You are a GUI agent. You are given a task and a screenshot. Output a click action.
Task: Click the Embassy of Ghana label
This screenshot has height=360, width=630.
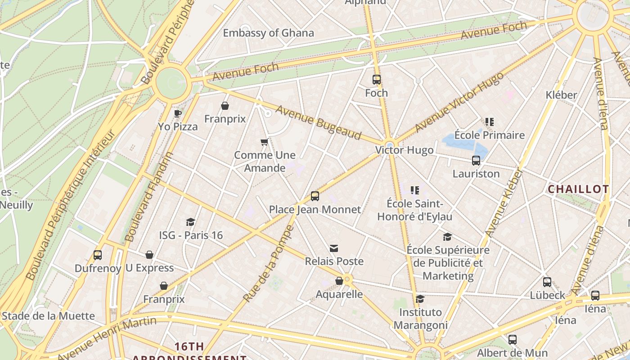[x=268, y=33]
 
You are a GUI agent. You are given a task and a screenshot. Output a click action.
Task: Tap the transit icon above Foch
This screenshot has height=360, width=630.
[x=377, y=80]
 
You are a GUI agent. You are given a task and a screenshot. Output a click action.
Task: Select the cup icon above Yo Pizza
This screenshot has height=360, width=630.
[x=178, y=113]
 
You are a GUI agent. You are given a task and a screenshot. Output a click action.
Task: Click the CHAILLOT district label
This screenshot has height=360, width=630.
[x=578, y=189]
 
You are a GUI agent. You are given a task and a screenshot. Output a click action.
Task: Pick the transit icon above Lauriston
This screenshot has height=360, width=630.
[x=476, y=160]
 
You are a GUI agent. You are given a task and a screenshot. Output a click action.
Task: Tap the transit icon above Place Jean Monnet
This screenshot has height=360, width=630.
[x=315, y=196]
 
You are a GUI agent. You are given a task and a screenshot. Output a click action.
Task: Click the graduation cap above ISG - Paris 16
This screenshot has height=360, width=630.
[x=191, y=222]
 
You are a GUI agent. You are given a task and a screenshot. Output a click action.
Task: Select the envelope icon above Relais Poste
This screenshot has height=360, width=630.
[x=334, y=248]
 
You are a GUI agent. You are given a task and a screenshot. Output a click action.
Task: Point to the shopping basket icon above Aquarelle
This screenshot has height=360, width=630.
[x=339, y=281]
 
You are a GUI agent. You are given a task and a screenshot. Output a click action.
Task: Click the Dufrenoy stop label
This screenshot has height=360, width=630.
[x=98, y=269]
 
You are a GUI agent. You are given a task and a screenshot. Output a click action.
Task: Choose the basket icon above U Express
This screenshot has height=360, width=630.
[x=149, y=255]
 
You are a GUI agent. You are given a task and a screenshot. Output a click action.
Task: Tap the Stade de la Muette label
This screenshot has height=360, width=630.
[x=48, y=316]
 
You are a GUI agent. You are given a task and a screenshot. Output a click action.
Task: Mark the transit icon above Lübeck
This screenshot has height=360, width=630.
[x=547, y=282]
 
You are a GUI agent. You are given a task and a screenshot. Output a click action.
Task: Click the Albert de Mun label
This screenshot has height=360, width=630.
[x=512, y=353]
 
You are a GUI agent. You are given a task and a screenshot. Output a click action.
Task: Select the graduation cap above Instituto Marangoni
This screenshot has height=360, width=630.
[x=420, y=299]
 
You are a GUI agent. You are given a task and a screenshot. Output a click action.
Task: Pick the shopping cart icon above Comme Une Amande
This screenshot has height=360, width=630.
[x=265, y=142]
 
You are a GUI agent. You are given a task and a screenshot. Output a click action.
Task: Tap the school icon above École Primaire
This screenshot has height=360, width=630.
[x=490, y=121]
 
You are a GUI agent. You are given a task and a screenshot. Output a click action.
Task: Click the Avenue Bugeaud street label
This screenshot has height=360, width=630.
[x=319, y=122]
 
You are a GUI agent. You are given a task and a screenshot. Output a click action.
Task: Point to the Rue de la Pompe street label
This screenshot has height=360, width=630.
[x=268, y=265]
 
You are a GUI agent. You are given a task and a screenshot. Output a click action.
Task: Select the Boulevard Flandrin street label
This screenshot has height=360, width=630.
[x=149, y=197]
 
